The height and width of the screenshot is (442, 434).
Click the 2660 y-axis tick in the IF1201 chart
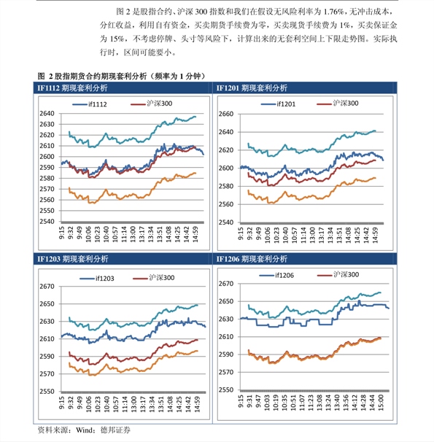[x=225, y=114]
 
